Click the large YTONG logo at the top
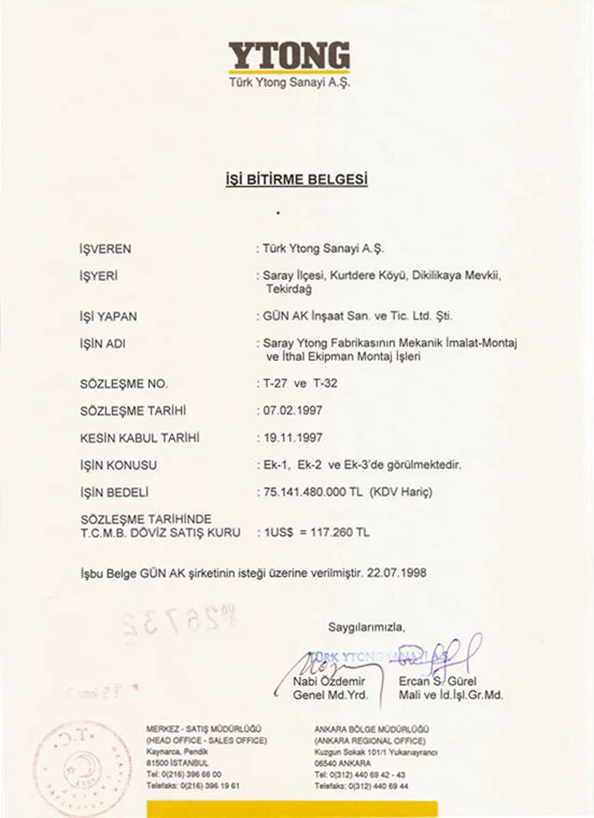coord(289,56)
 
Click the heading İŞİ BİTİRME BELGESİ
coord(296,179)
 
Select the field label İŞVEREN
coord(105,249)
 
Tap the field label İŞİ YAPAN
coord(108,317)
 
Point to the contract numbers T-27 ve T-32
coord(300,383)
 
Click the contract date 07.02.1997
coord(292,411)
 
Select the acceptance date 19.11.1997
coord(292,438)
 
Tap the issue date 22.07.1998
coord(397,573)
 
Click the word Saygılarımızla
coord(366,626)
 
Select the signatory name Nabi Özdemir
coord(329,681)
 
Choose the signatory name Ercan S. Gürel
coord(438,681)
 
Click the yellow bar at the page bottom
coord(292,809)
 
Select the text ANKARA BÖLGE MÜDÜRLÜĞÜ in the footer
coord(372,730)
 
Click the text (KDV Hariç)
coord(401,492)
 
